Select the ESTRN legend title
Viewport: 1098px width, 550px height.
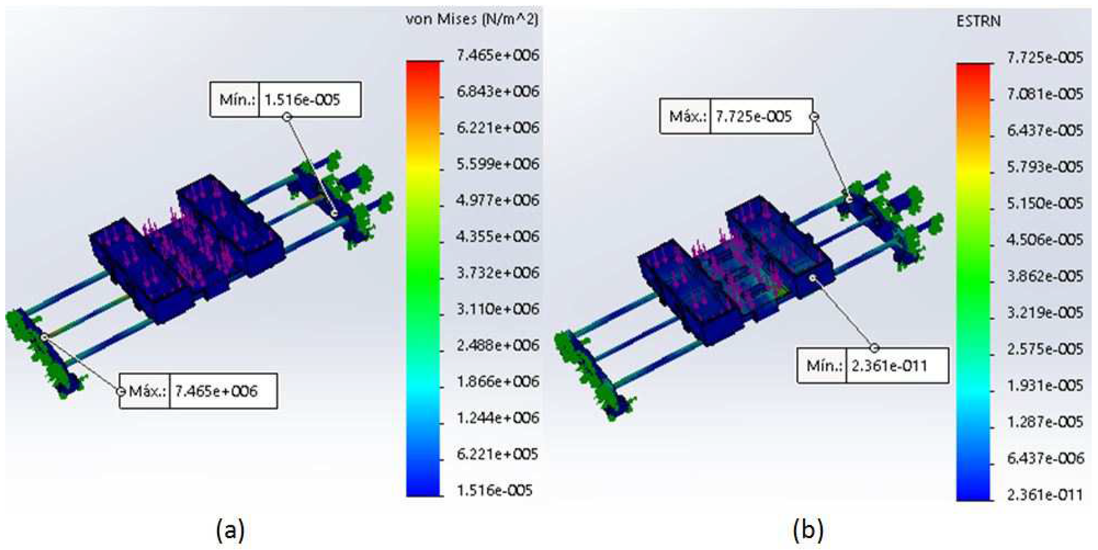[978, 21]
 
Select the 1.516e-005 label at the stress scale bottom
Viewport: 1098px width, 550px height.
[494, 491]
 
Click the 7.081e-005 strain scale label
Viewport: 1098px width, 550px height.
[1045, 94]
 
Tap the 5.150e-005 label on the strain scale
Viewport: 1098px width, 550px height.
[1045, 203]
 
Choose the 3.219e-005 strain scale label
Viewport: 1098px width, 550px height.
[1045, 313]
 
